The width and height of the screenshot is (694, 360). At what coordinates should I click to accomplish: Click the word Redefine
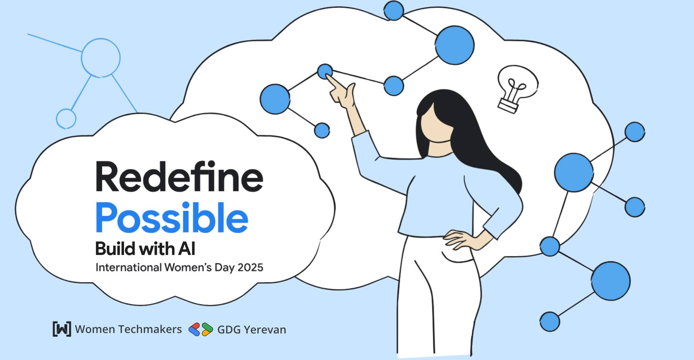(179, 177)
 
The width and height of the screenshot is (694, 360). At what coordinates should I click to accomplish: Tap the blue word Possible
(172, 217)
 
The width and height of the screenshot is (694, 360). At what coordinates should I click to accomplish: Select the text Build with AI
(145, 249)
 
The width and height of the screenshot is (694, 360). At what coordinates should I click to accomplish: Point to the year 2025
(250, 268)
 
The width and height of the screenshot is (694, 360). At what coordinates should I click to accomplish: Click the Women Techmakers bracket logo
(62, 329)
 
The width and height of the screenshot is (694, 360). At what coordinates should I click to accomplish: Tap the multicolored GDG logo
(201, 329)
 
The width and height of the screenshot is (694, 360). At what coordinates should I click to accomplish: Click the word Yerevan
(265, 330)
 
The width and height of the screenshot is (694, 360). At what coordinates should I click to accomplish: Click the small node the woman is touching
(325, 71)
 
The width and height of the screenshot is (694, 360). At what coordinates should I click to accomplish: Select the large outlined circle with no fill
(101, 57)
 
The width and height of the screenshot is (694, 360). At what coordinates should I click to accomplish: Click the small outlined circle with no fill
(66, 119)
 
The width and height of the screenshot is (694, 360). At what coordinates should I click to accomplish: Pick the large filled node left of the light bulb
(454, 45)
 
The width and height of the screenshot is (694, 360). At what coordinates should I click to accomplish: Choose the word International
(128, 268)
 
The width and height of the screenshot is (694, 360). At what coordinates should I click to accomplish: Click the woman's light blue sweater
(437, 196)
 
